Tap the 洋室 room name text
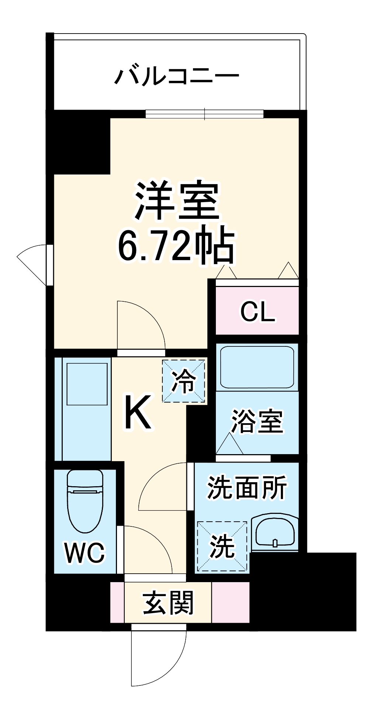(x=177, y=201)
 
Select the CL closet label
(x=258, y=312)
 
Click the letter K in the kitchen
(x=138, y=412)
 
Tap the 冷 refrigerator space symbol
(x=184, y=381)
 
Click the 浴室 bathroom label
(x=257, y=421)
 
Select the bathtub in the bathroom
(x=257, y=367)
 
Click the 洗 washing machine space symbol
(x=222, y=546)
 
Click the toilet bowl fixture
(x=85, y=502)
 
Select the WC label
(x=85, y=552)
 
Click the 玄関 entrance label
(x=168, y=603)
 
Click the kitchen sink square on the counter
(x=87, y=384)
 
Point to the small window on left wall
(x=49, y=265)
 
